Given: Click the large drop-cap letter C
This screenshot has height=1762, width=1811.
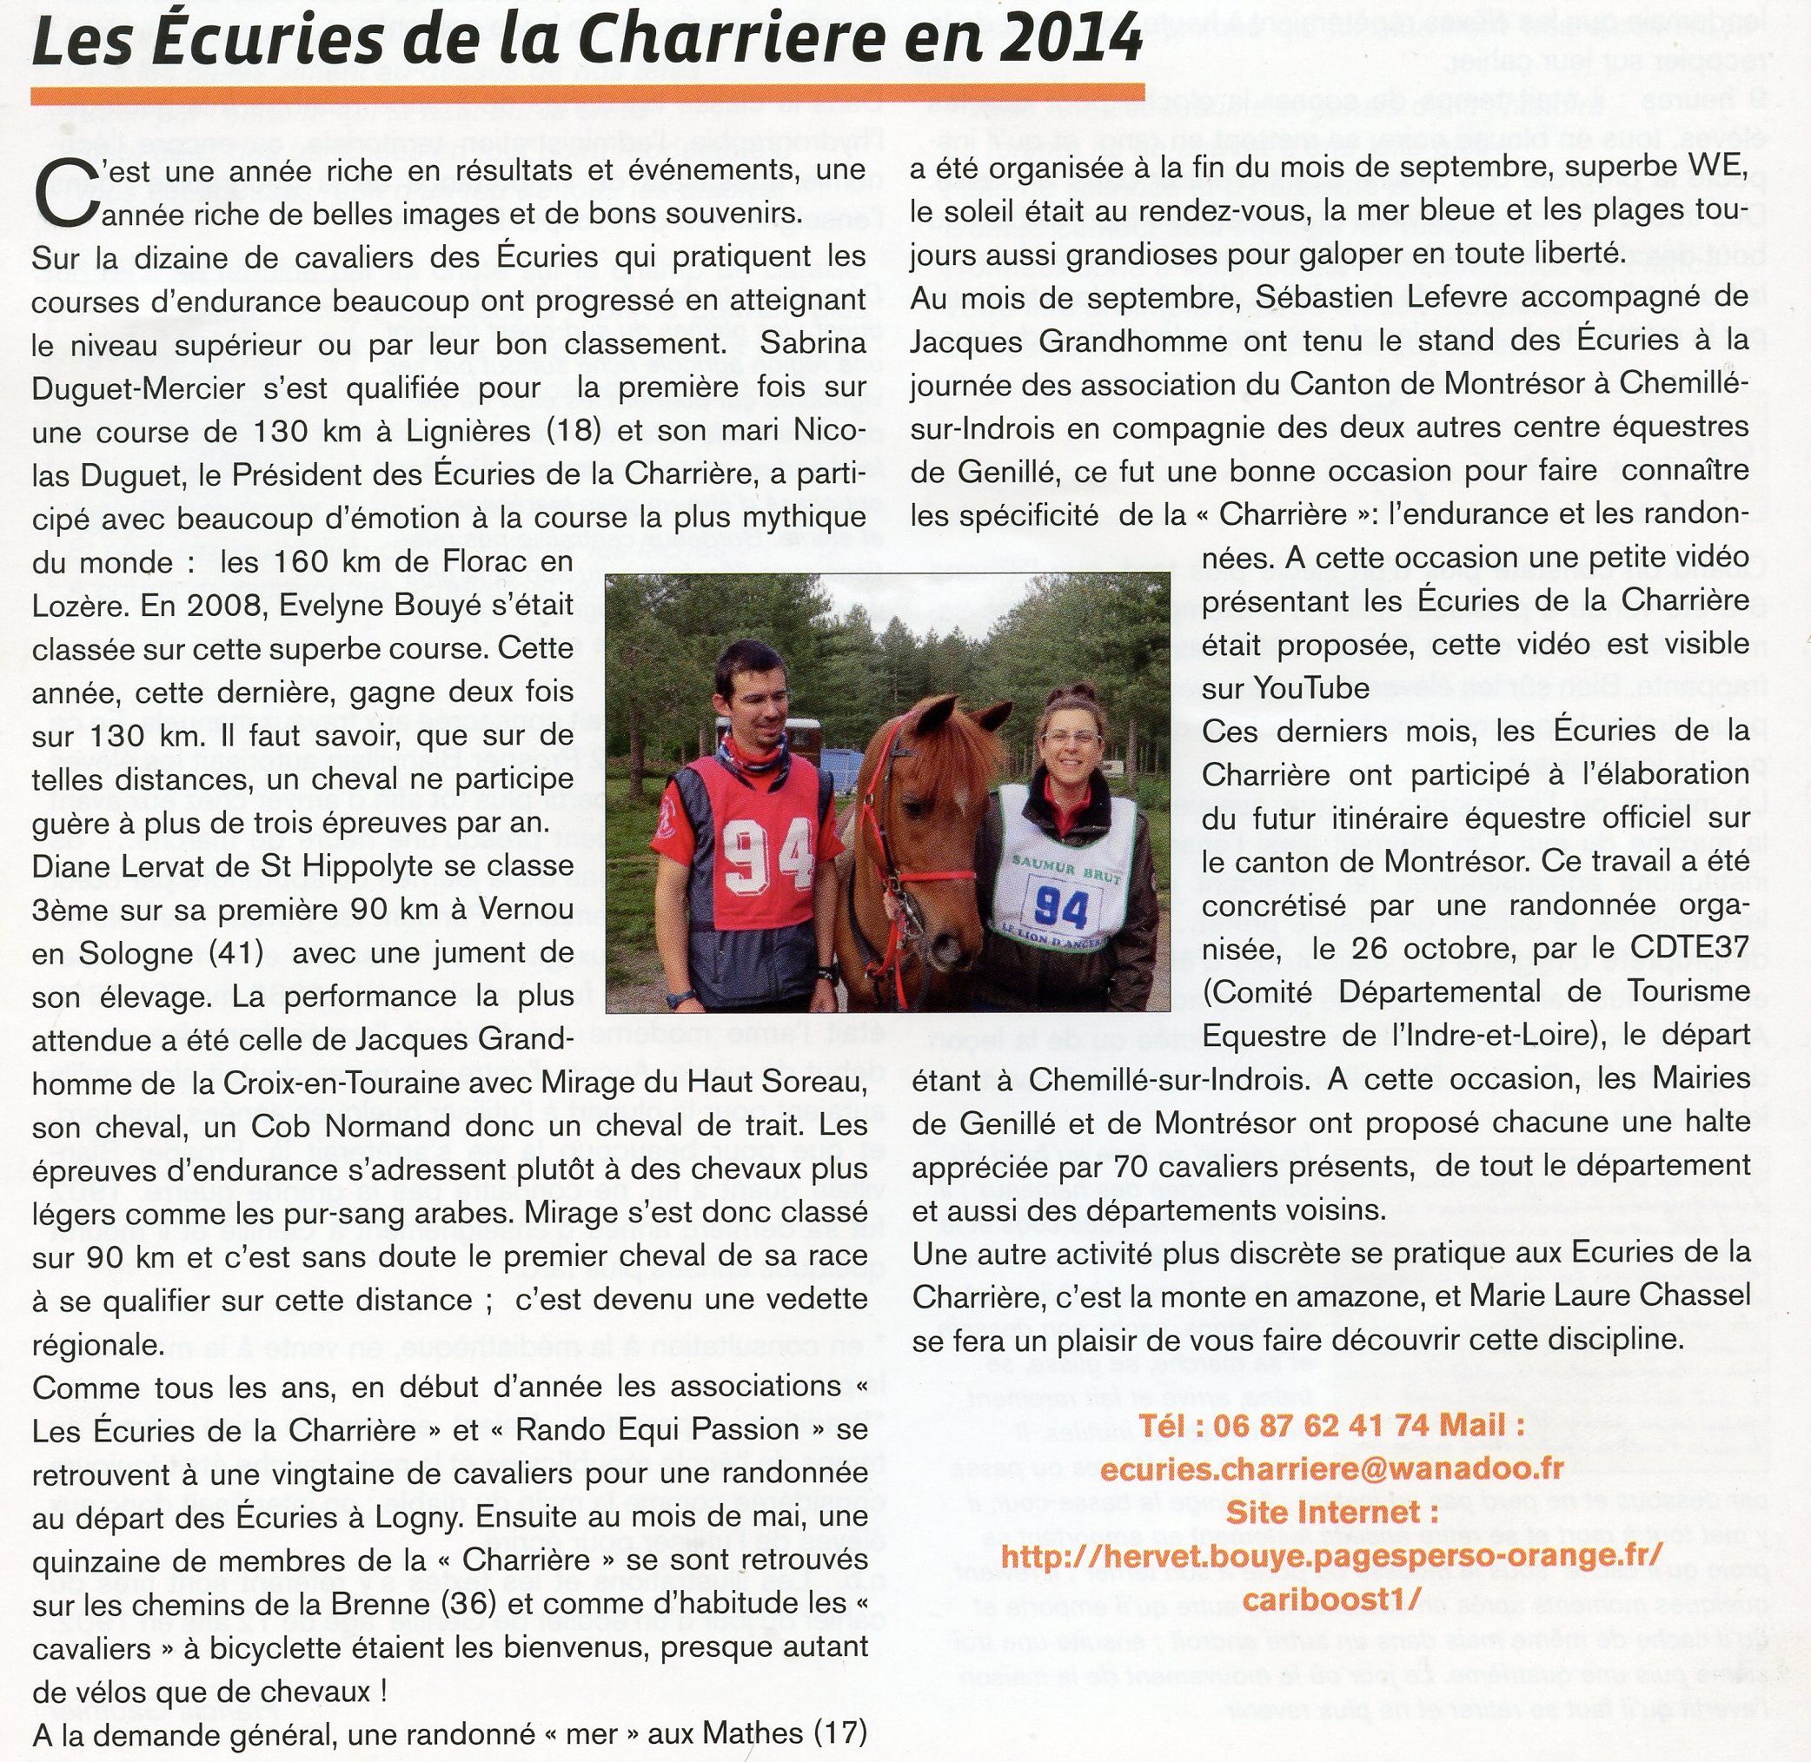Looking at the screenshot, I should pos(56,194).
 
